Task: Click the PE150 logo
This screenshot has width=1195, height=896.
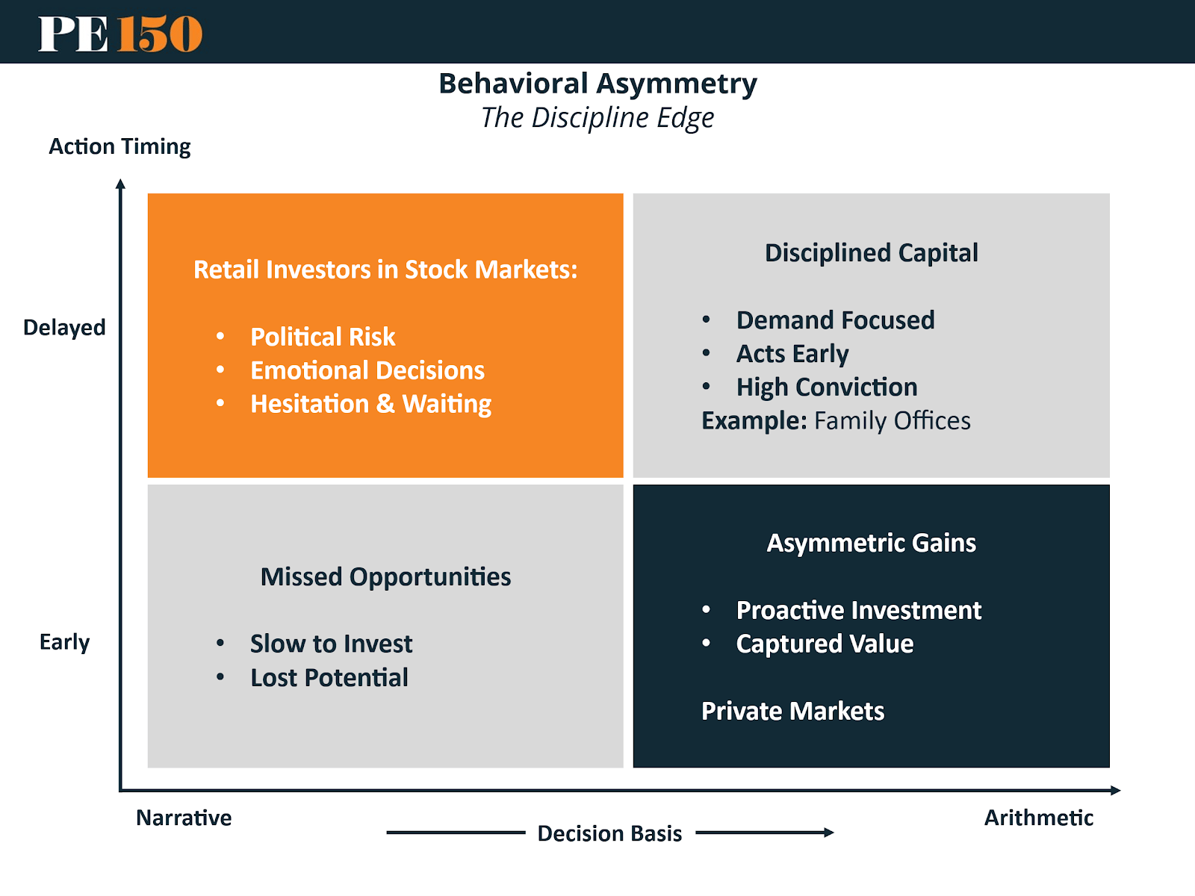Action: [x=119, y=34]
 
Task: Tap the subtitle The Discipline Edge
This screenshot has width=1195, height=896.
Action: [x=597, y=118]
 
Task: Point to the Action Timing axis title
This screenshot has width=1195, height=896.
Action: [x=119, y=147]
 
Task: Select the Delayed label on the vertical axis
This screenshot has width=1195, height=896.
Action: [x=64, y=328]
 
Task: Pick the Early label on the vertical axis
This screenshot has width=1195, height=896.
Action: [x=65, y=642]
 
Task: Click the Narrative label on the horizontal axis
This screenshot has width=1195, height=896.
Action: [x=184, y=818]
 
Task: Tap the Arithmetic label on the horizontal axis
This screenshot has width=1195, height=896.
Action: [x=1039, y=818]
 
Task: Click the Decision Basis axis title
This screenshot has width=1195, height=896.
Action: [x=609, y=833]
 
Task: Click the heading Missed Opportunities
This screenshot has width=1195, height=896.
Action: [x=386, y=577]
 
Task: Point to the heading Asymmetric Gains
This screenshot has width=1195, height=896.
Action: [x=872, y=543]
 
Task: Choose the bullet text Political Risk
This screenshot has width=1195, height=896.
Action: [x=323, y=337]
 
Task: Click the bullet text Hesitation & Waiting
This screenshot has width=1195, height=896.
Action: [x=370, y=404]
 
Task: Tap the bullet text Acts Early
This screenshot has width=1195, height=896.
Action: [x=792, y=354]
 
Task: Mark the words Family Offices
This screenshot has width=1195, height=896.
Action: [x=893, y=421]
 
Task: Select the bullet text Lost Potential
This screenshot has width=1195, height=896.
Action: [x=329, y=678]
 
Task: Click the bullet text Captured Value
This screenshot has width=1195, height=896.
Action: [x=825, y=644]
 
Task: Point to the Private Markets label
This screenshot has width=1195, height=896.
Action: [x=792, y=711]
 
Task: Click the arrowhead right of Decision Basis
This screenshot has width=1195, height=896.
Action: [x=829, y=833]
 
